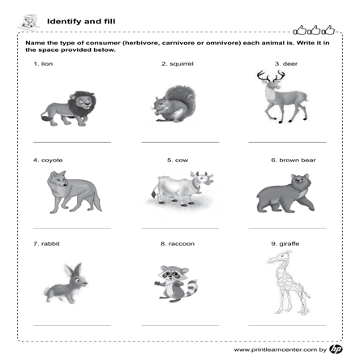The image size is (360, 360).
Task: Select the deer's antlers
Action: (x=270, y=78)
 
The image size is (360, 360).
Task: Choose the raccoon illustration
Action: (x=176, y=284)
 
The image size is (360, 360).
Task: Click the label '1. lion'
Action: (x=43, y=63)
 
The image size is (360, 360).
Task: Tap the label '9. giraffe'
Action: (x=285, y=243)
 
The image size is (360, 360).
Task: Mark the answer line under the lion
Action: (x=71, y=143)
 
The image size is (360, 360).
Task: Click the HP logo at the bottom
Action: (x=336, y=349)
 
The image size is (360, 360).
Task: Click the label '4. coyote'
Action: (x=48, y=161)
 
